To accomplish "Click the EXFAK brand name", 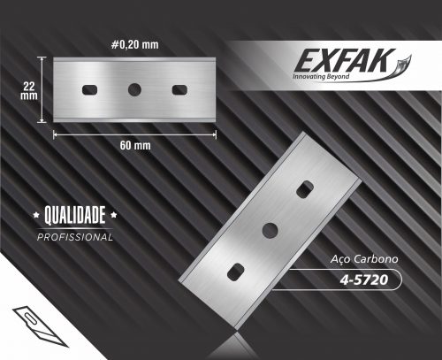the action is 345,60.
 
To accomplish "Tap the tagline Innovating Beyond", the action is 321,76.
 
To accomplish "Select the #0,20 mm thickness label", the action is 135,45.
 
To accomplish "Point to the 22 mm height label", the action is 29,91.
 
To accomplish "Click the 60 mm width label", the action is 135,145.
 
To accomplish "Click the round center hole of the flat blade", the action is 134,89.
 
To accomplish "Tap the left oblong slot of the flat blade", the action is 90,90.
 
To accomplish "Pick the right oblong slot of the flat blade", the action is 179,90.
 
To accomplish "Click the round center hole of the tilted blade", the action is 271,230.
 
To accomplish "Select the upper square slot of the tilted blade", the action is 305,189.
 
